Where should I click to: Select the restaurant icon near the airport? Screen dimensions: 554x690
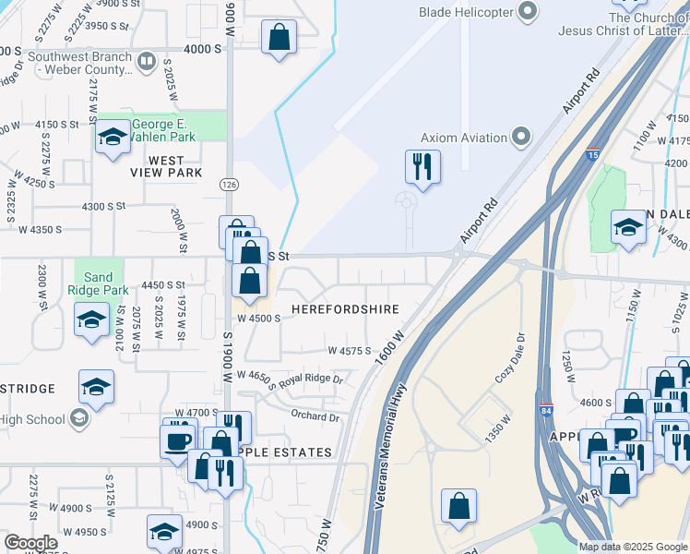tap(422, 168)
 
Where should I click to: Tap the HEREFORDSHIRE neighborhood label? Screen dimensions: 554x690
tap(345, 309)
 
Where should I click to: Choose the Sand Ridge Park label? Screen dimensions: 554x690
tap(98, 283)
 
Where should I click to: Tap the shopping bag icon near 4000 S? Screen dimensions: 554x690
tap(279, 39)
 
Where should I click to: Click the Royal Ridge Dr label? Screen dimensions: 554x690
tap(311, 379)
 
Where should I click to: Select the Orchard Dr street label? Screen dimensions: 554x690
tap(315, 417)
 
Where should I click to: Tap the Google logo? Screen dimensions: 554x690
tap(31, 543)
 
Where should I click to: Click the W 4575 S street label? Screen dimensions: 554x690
tap(349, 351)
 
